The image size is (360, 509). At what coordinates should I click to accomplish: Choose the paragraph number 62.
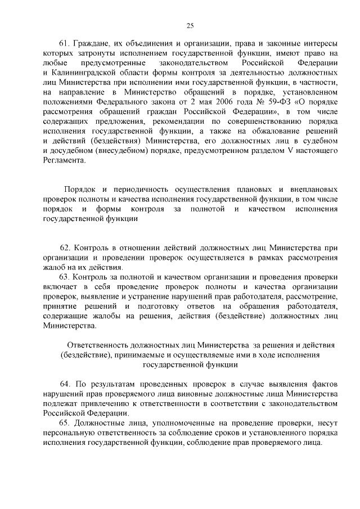pos(64,247)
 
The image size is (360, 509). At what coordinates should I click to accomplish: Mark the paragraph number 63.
pos(64,278)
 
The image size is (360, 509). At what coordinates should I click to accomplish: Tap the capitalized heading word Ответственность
pos(100,344)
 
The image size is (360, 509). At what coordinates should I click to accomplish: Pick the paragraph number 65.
pos(64,423)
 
